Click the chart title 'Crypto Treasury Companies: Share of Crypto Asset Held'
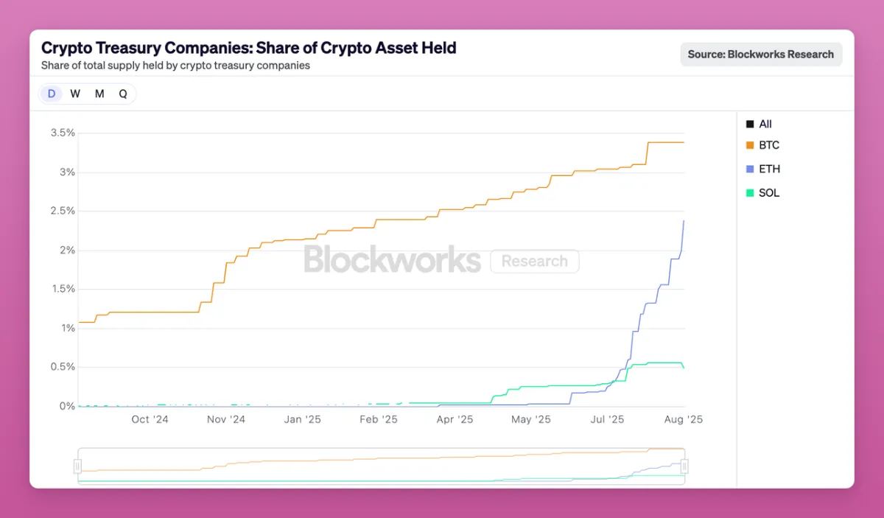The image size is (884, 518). click(249, 48)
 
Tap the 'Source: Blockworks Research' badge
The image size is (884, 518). click(760, 54)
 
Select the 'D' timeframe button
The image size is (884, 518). click(52, 94)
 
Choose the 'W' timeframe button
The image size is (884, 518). click(75, 94)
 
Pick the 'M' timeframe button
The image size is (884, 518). click(99, 94)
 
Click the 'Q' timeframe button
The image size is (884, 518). click(123, 94)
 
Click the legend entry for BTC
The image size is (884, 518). click(768, 145)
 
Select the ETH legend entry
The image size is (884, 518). click(769, 169)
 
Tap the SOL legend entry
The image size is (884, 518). click(768, 193)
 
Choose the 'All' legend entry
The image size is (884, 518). click(765, 124)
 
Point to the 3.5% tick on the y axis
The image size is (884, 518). click(63, 133)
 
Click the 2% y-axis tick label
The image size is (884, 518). click(67, 251)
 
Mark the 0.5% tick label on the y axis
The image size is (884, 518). click(63, 367)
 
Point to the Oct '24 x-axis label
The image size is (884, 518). click(150, 419)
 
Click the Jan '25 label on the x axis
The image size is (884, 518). click(302, 419)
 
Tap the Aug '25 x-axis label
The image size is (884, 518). click(684, 419)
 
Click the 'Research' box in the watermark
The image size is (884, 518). click(534, 262)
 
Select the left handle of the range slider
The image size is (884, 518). click(77, 466)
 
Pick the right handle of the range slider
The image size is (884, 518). click(684, 466)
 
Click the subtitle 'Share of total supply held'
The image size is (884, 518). click(175, 65)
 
